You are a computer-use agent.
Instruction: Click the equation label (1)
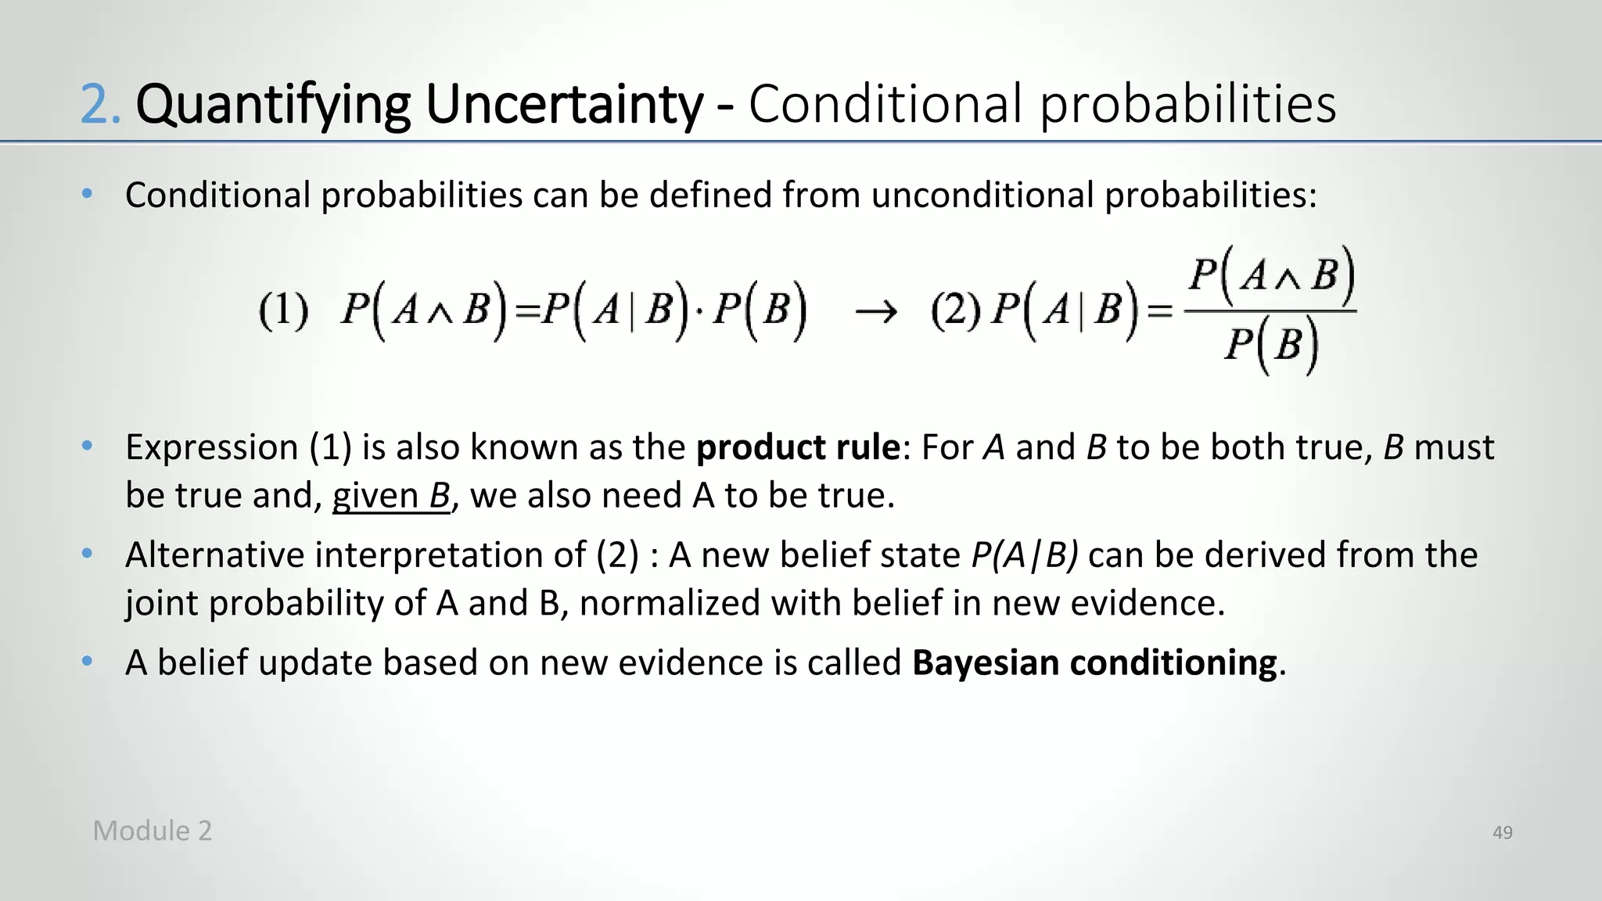pos(283,311)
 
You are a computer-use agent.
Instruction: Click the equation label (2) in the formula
pos(956,311)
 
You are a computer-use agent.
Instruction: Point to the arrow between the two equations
pos(875,313)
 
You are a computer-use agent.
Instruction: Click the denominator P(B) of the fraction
pos(1270,345)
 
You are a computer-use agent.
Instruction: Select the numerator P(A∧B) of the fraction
pos(1270,276)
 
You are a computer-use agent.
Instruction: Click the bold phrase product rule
pos(798,447)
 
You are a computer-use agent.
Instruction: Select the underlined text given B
pos(391,496)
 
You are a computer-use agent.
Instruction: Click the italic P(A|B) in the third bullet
pos(1025,555)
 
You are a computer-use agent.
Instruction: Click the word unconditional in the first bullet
pos(982,195)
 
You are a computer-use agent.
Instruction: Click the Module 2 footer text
pos(153,831)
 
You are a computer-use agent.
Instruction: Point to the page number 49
pos(1502,833)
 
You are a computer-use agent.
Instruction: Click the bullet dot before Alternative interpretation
pos(88,554)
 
